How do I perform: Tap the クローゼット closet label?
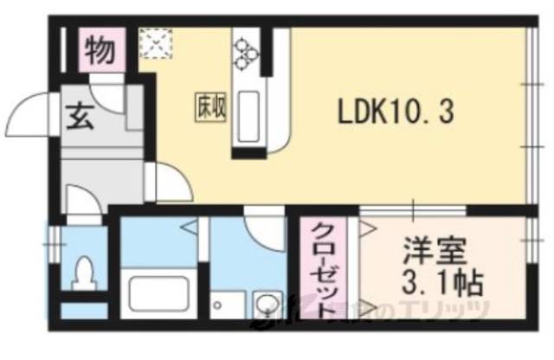click(x=321, y=270)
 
